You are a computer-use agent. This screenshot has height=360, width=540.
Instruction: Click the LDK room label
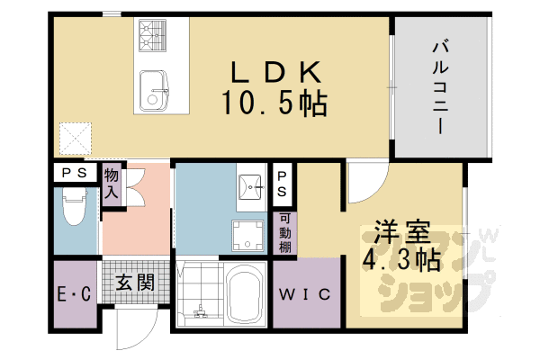tap(276, 72)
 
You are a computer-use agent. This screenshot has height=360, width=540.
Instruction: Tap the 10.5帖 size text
tap(274, 103)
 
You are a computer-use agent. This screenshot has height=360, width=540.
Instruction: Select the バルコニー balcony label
tap(440, 87)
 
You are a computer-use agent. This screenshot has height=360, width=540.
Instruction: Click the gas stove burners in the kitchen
tap(152, 36)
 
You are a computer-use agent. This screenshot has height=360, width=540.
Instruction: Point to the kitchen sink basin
tap(154, 90)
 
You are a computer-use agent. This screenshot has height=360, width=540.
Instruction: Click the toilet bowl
tap(74, 207)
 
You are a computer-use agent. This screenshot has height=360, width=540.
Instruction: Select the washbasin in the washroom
tap(250, 186)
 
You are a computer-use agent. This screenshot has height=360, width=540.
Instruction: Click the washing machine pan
tap(248, 235)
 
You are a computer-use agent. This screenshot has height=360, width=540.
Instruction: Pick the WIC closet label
tap(305, 294)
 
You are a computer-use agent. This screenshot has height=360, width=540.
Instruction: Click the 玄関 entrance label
tap(135, 283)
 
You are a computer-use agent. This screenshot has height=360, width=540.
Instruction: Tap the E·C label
tap(74, 294)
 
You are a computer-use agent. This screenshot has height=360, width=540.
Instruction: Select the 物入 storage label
tap(112, 183)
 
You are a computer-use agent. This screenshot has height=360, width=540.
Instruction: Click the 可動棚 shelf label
tap(284, 233)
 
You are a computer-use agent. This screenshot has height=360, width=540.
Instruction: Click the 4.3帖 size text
tap(401, 259)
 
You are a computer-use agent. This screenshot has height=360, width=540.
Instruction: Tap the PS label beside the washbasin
tap(282, 184)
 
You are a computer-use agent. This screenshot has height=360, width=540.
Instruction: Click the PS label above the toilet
tap(75, 173)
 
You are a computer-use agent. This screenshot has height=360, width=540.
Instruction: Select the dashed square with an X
tap(76, 139)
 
